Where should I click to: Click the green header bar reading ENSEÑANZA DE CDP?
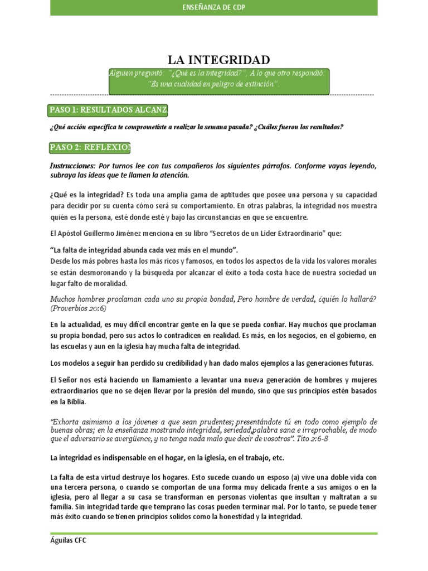(213, 7)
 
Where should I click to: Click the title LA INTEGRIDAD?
(219, 60)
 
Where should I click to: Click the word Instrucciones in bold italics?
(72, 166)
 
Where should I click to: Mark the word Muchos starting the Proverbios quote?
(63, 299)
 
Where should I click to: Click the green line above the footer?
(213, 534)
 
